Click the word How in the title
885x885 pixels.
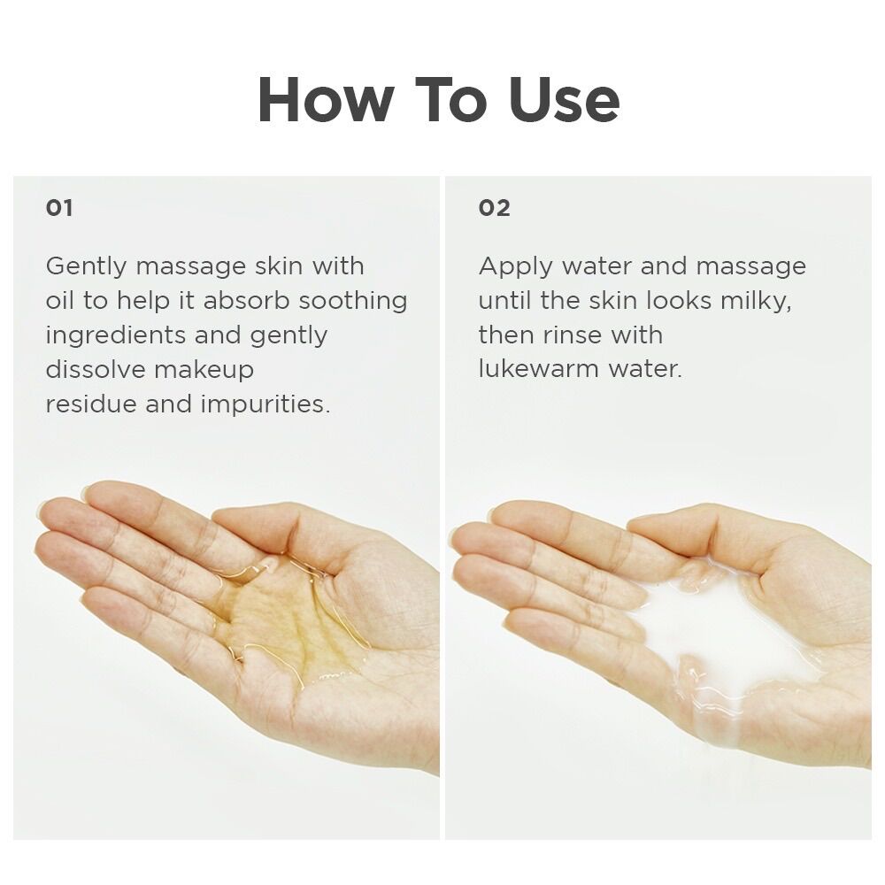point(325,99)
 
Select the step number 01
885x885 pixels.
point(59,208)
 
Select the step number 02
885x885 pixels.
point(495,208)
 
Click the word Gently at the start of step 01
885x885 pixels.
point(87,267)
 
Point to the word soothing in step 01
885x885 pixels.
point(353,300)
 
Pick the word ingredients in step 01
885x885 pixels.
point(116,335)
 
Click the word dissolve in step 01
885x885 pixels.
point(96,370)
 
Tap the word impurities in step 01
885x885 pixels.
point(265,404)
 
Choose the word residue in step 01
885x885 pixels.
point(91,404)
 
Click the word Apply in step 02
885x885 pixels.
point(516,267)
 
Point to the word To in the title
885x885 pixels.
point(450,99)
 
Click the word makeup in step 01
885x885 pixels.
point(204,370)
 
